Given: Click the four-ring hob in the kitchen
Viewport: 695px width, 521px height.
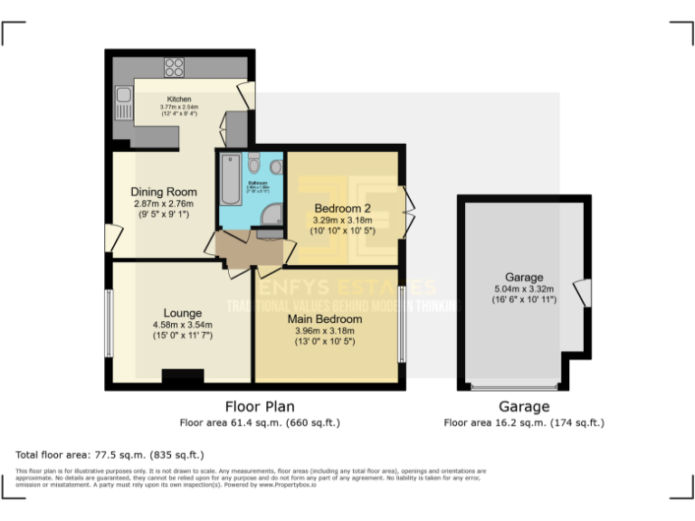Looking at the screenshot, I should click(174, 67).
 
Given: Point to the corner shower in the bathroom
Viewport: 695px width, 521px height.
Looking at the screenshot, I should click(269, 214).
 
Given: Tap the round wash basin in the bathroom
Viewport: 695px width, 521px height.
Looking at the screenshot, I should click(276, 166).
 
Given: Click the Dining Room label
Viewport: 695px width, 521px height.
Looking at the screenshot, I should click(164, 192).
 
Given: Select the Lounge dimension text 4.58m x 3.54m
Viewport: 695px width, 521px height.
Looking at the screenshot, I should click(182, 325).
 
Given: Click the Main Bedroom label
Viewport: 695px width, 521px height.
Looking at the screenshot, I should click(325, 319).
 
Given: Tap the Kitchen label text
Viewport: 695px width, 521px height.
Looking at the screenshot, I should click(179, 99).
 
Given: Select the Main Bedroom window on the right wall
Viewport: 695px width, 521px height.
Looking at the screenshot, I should click(400, 323).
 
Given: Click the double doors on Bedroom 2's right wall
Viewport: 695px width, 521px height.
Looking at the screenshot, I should click(408, 211).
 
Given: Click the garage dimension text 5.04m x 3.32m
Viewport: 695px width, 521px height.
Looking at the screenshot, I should click(523, 289).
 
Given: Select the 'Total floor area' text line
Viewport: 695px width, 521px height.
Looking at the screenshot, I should click(110, 454).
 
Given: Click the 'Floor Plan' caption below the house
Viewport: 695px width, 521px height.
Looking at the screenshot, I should click(260, 407).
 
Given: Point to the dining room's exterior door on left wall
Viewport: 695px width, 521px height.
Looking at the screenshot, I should click(112, 240).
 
